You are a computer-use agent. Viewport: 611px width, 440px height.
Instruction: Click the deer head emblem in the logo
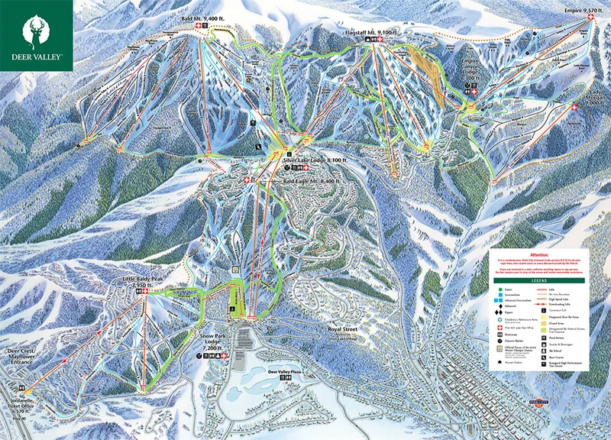[36, 30]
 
